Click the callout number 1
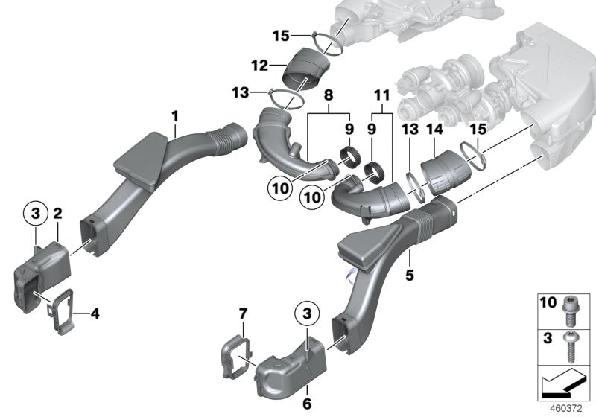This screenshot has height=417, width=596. (x=174, y=116)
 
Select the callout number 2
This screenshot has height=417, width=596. (x=57, y=214)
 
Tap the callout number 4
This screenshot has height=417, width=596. (x=95, y=313)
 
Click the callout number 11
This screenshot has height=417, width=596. (x=381, y=96)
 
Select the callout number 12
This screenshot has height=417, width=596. (x=259, y=66)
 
